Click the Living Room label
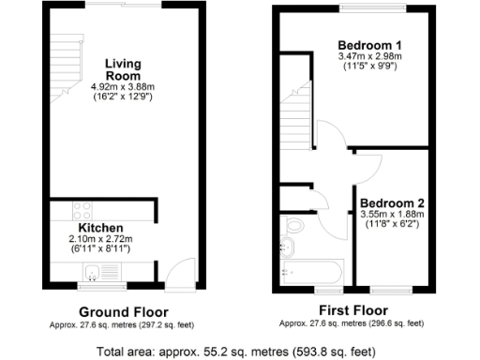coord(123,68)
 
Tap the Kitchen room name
coord(101,228)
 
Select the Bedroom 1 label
coord(369,45)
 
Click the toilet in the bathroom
coord(293,226)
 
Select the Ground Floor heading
coord(123,311)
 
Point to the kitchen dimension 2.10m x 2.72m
coord(101,239)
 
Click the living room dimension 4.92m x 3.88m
coord(123,87)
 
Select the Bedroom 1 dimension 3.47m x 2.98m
coord(369,56)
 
